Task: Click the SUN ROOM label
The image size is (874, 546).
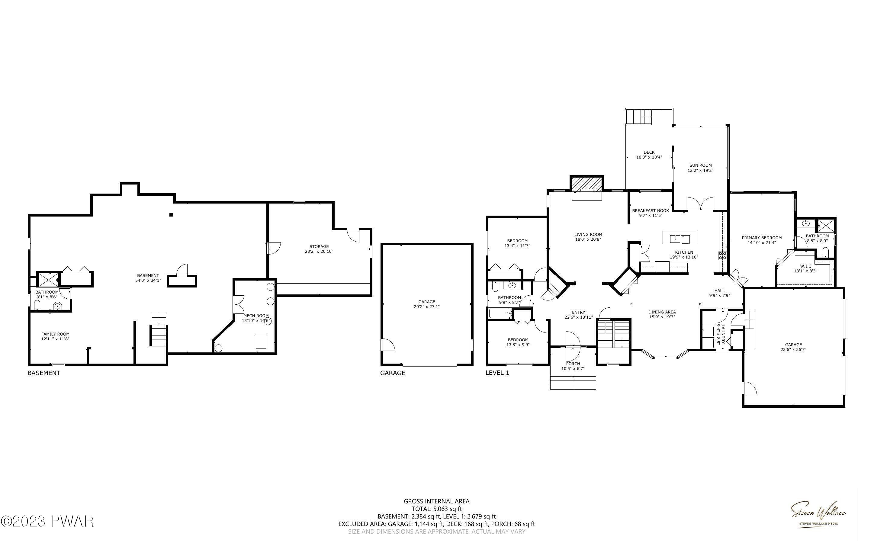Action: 700,165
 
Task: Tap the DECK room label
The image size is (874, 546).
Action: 649,153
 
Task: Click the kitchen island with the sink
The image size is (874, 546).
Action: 680,238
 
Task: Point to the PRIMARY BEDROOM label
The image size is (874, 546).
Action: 762,238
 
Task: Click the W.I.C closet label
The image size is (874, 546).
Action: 805,266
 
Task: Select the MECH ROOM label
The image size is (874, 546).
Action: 256,316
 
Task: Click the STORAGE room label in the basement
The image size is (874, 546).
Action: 319,247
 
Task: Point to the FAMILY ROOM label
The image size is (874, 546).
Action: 55,334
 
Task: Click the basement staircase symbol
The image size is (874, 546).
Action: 159,330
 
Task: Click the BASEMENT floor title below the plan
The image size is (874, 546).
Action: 44,373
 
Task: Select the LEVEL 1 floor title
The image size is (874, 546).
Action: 497,373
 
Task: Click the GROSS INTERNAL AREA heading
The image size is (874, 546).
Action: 436,501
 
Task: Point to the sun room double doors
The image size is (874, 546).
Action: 700,204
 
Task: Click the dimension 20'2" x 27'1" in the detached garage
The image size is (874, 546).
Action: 427,307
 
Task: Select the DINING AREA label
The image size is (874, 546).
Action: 662,312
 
